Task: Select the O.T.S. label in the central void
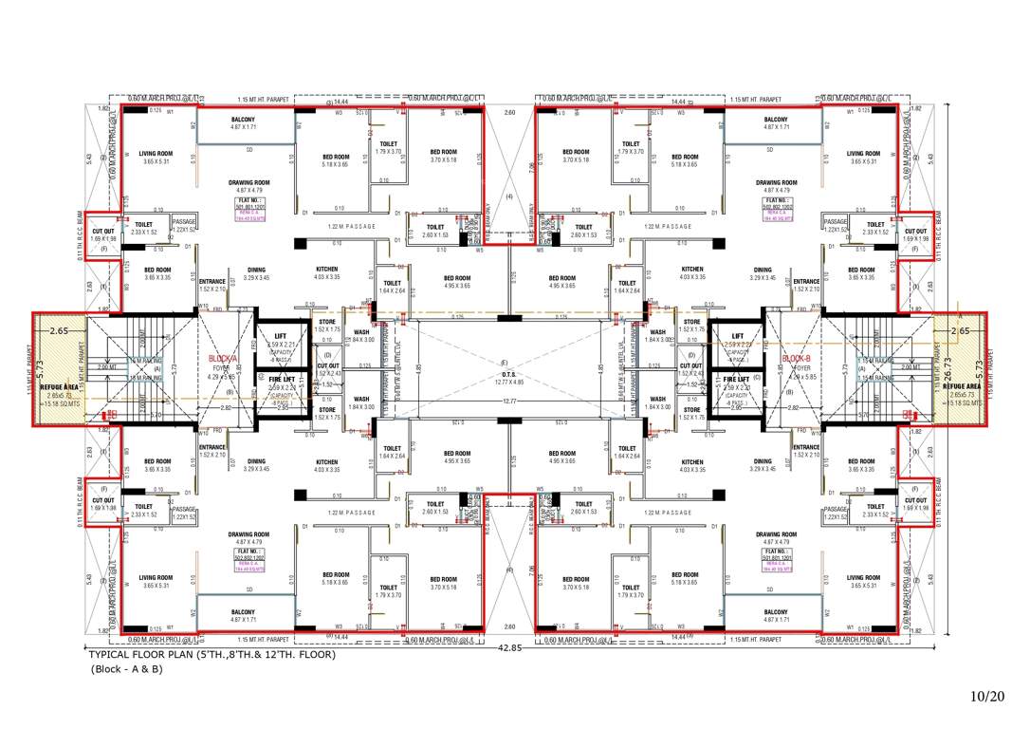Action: (x=505, y=373)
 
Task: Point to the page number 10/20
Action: (x=987, y=697)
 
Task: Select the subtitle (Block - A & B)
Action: (x=126, y=669)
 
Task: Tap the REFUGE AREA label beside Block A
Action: (x=59, y=386)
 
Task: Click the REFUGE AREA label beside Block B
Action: (x=961, y=386)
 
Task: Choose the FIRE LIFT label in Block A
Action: (x=281, y=379)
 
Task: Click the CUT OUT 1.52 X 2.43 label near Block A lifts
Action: (x=328, y=368)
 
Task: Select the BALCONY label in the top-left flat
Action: (x=243, y=120)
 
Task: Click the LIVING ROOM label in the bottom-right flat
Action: (x=863, y=577)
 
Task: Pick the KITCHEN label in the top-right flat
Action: (x=692, y=270)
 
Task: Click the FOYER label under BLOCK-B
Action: (x=801, y=369)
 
